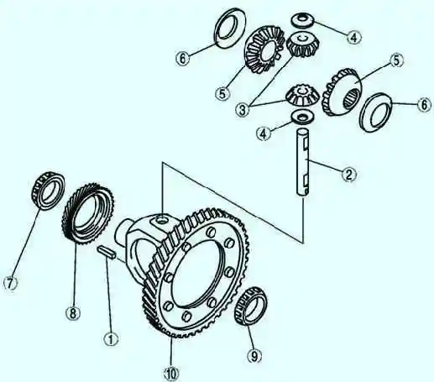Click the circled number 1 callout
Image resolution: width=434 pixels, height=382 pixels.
pos(111,339)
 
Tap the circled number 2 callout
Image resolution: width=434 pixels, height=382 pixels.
pos(349,175)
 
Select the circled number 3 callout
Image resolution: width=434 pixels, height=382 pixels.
pos(243,109)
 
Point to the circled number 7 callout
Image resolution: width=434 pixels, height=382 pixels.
pos(10,284)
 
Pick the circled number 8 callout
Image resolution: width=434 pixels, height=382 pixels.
pos(73,313)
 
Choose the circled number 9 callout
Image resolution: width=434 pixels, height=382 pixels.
pos(254,356)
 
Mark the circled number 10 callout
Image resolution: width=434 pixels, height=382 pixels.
pos(171,374)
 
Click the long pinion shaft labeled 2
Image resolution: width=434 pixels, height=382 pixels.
pos(303,162)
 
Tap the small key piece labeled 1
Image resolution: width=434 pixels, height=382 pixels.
pos(106,251)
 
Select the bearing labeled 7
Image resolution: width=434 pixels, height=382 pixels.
pos(48,190)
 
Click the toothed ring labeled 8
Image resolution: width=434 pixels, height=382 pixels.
pos(88,213)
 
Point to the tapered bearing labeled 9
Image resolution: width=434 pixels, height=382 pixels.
pos(251,306)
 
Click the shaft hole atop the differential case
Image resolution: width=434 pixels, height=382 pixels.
pos(161,221)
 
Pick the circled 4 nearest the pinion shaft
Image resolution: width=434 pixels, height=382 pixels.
pos(264,133)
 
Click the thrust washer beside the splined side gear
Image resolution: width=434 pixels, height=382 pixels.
pos(376,112)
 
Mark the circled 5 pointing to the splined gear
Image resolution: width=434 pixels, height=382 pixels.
pos(396,60)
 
